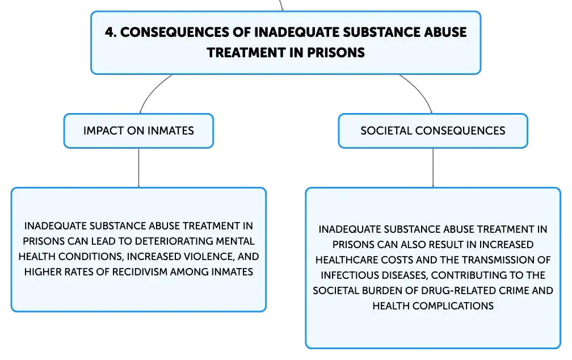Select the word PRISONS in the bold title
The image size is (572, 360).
coord(335,53)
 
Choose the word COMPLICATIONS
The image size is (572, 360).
coord(453,306)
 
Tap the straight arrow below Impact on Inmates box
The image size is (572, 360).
coord(138,168)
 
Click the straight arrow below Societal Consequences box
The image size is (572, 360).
coord(433,168)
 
